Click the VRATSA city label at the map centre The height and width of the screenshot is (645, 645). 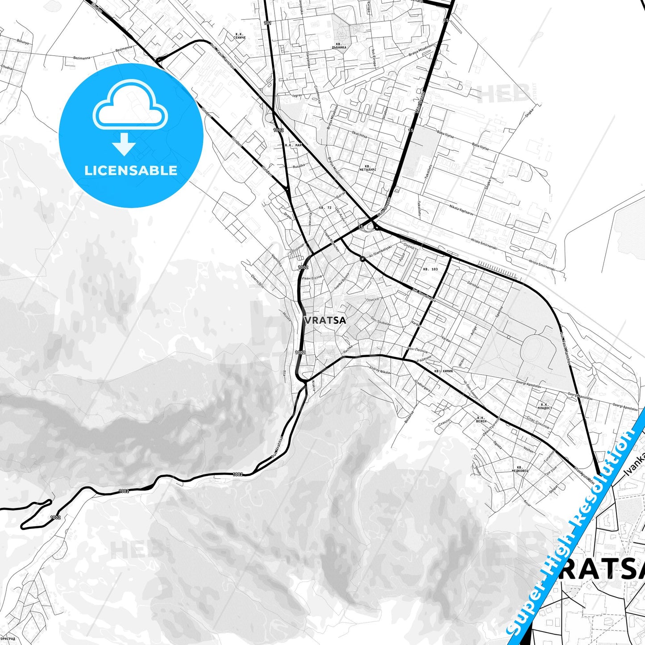click(x=325, y=320)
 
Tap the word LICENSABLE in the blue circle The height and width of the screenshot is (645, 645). click(x=131, y=171)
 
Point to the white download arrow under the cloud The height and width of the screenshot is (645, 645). click(x=124, y=144)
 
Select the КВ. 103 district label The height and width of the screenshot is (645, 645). click(x=430, y=269)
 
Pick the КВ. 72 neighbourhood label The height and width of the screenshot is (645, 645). click(x=325, y=208)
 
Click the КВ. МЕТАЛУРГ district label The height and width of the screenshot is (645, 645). click(x=368, y=168)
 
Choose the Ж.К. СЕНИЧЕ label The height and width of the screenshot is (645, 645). click(x=239, y=36)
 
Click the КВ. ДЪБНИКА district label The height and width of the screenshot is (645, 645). click(x=339, y=45)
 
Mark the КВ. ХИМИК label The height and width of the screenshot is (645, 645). click(x=444, y=371)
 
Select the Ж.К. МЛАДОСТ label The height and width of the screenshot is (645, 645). click(x=545, y=406)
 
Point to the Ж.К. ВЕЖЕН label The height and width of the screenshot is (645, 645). click(x=481, y=420)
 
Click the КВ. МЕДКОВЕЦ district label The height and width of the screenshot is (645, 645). click(x=520, y=469)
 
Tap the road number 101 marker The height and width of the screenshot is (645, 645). click(x=267, y=23)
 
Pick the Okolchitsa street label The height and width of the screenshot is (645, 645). click(x=359, y=133)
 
